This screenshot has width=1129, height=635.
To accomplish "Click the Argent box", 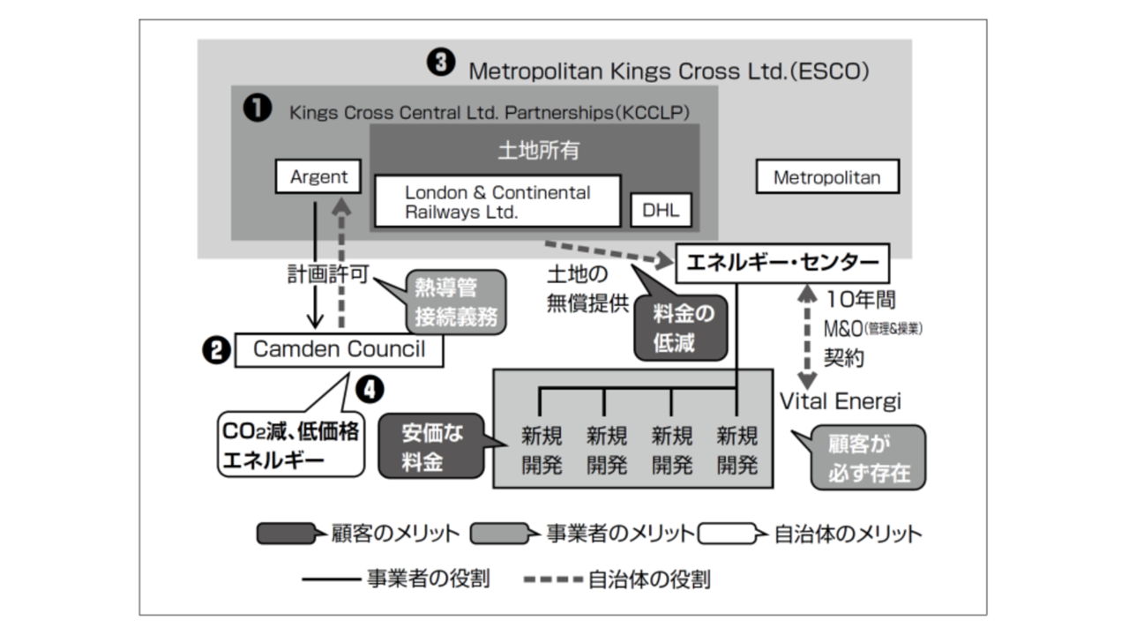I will [x=318, y=176].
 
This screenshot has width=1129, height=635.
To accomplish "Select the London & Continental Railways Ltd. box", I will [x=497, y=202].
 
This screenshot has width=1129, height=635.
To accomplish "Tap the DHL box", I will [x=661, y=211].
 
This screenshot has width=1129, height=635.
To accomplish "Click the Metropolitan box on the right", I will [x=826, y=177].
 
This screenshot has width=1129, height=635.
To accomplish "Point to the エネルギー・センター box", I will [x=781, y=263].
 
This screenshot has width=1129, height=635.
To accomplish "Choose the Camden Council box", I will [x=339, y=349].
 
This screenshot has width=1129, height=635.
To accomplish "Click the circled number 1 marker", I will [x=257, y=109].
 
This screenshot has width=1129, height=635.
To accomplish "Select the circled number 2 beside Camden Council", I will [x=216, y=351].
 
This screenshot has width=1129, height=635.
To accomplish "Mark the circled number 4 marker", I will [x=370, y=387].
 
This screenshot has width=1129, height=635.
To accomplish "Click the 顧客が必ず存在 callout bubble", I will [x=868, y=457].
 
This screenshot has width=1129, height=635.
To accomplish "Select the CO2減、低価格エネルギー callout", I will [x=291, y=446].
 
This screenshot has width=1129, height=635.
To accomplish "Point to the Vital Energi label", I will [x=840, y=401].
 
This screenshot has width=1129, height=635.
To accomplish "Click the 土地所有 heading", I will [x=538, y=151].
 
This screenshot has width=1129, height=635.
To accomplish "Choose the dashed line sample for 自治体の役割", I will [x=553, y=579].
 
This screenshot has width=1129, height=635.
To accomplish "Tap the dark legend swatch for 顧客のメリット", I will [x=285, y=534].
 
